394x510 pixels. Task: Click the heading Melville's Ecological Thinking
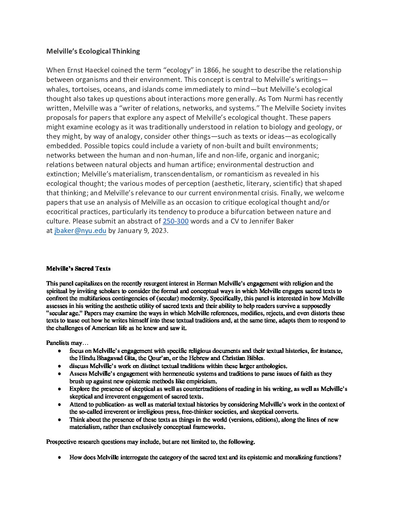[x=93, y=51]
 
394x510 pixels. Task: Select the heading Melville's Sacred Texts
[x=78, y=268]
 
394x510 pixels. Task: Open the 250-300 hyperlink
[x=176, y=221]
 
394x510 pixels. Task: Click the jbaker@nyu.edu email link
[x=80, y=230]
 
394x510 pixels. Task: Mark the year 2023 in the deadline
[x=159, y=230]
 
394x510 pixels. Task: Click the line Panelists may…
[x=67, y=343]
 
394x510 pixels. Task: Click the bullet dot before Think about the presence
[x=59, y=420]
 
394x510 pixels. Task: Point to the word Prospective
[x=61, y=442]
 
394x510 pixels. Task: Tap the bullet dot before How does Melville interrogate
[x=59, y=457]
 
